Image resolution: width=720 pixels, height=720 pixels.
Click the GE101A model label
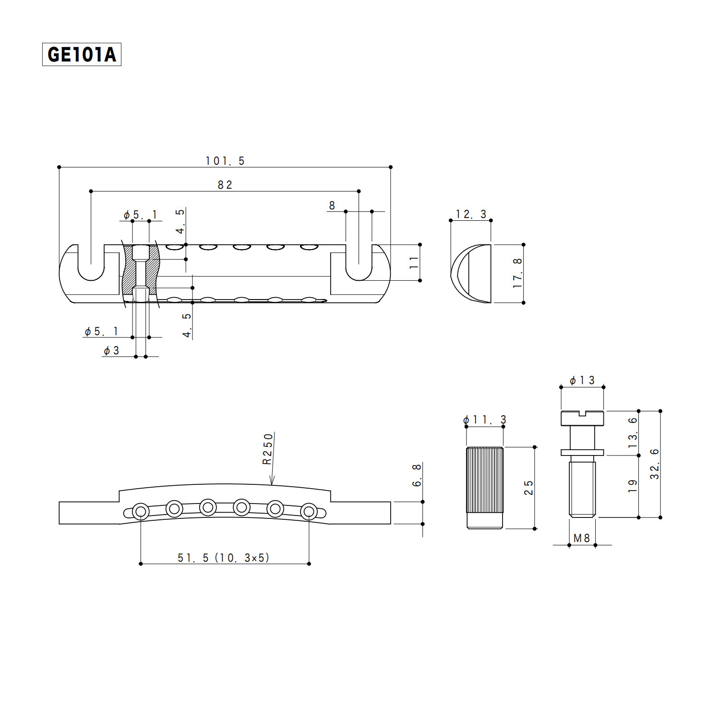[x=82, y=54]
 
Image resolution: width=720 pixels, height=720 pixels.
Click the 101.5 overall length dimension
[x=225, y=161]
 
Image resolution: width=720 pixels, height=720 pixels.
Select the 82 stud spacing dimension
[x=225, y=185]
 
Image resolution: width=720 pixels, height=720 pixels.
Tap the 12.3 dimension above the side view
[x=470, y=214]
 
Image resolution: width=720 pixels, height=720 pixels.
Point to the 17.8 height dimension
[x=517, y=273]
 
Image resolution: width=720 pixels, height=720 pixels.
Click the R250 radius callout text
[x=268, y=448]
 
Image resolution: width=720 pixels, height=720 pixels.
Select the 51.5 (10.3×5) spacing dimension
[x=224, y=557]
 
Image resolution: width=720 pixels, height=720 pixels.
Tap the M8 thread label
[x=582, y=538]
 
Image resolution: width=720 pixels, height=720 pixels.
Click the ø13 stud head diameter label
[x=582, y=380]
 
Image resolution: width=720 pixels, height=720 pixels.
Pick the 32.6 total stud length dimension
[x=655, y=464]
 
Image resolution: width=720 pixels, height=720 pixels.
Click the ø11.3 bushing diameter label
[x=484, y=420]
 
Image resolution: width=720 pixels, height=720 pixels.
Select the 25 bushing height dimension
[x=528, y=488]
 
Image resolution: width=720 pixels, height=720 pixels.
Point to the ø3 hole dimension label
[x=111, y=350]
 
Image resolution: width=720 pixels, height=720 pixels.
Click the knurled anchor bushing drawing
[x=485, y=487]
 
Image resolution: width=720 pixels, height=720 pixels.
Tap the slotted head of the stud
[x=582, y=417]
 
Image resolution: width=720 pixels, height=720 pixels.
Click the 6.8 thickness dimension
[x=417, y=475]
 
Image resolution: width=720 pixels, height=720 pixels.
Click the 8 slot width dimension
[x=332, y=205]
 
